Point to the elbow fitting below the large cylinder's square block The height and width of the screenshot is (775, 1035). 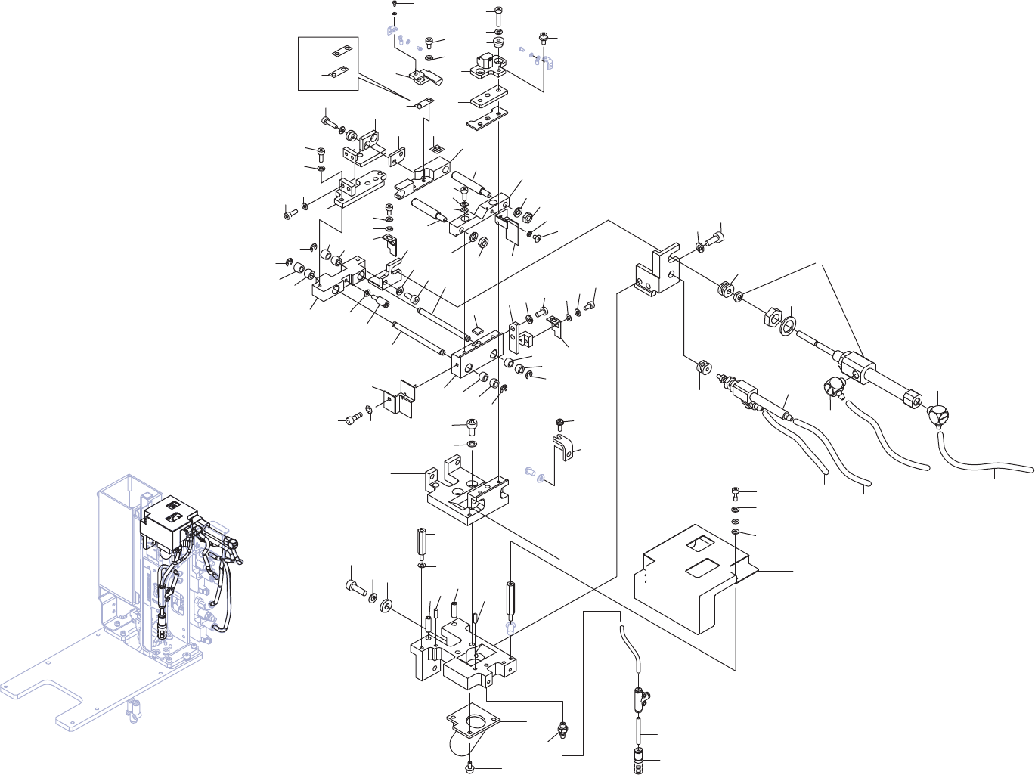click(832, 388)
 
